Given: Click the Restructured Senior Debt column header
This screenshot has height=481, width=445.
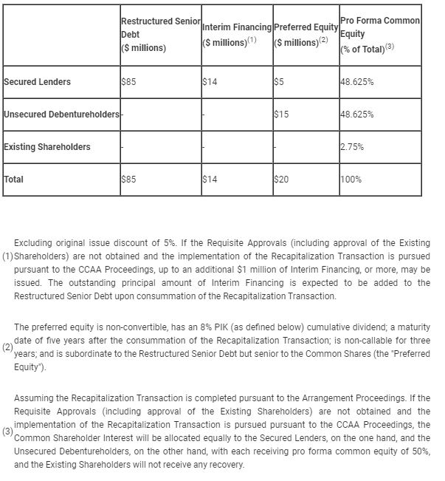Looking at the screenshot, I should [159, 35].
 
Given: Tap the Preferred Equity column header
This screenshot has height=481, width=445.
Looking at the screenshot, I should [306, 35].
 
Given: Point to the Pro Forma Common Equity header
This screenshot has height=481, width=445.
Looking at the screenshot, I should [380, 35].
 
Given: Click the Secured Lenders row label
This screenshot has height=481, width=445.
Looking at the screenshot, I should [37, 82].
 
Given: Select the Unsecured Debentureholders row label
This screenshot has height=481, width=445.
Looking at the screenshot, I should [61, 115].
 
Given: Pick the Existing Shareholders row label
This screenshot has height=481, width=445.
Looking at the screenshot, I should [47, 147].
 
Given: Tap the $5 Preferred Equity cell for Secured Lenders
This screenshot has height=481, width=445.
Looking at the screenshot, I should [278, 82].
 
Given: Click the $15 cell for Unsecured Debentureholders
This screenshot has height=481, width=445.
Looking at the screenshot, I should [280, 115].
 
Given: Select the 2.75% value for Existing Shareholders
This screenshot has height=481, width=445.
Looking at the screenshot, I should [352, 147].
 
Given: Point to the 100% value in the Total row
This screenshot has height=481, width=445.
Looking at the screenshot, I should [351, 180].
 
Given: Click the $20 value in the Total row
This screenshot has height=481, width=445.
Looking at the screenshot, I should [280, 180].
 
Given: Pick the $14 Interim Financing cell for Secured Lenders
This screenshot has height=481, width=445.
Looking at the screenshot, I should [210, 82].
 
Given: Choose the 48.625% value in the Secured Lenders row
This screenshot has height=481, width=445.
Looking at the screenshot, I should [357, 82].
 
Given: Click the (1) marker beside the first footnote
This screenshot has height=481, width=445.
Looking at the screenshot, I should [7, 256].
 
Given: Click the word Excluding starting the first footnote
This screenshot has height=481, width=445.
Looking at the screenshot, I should [34, 243].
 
